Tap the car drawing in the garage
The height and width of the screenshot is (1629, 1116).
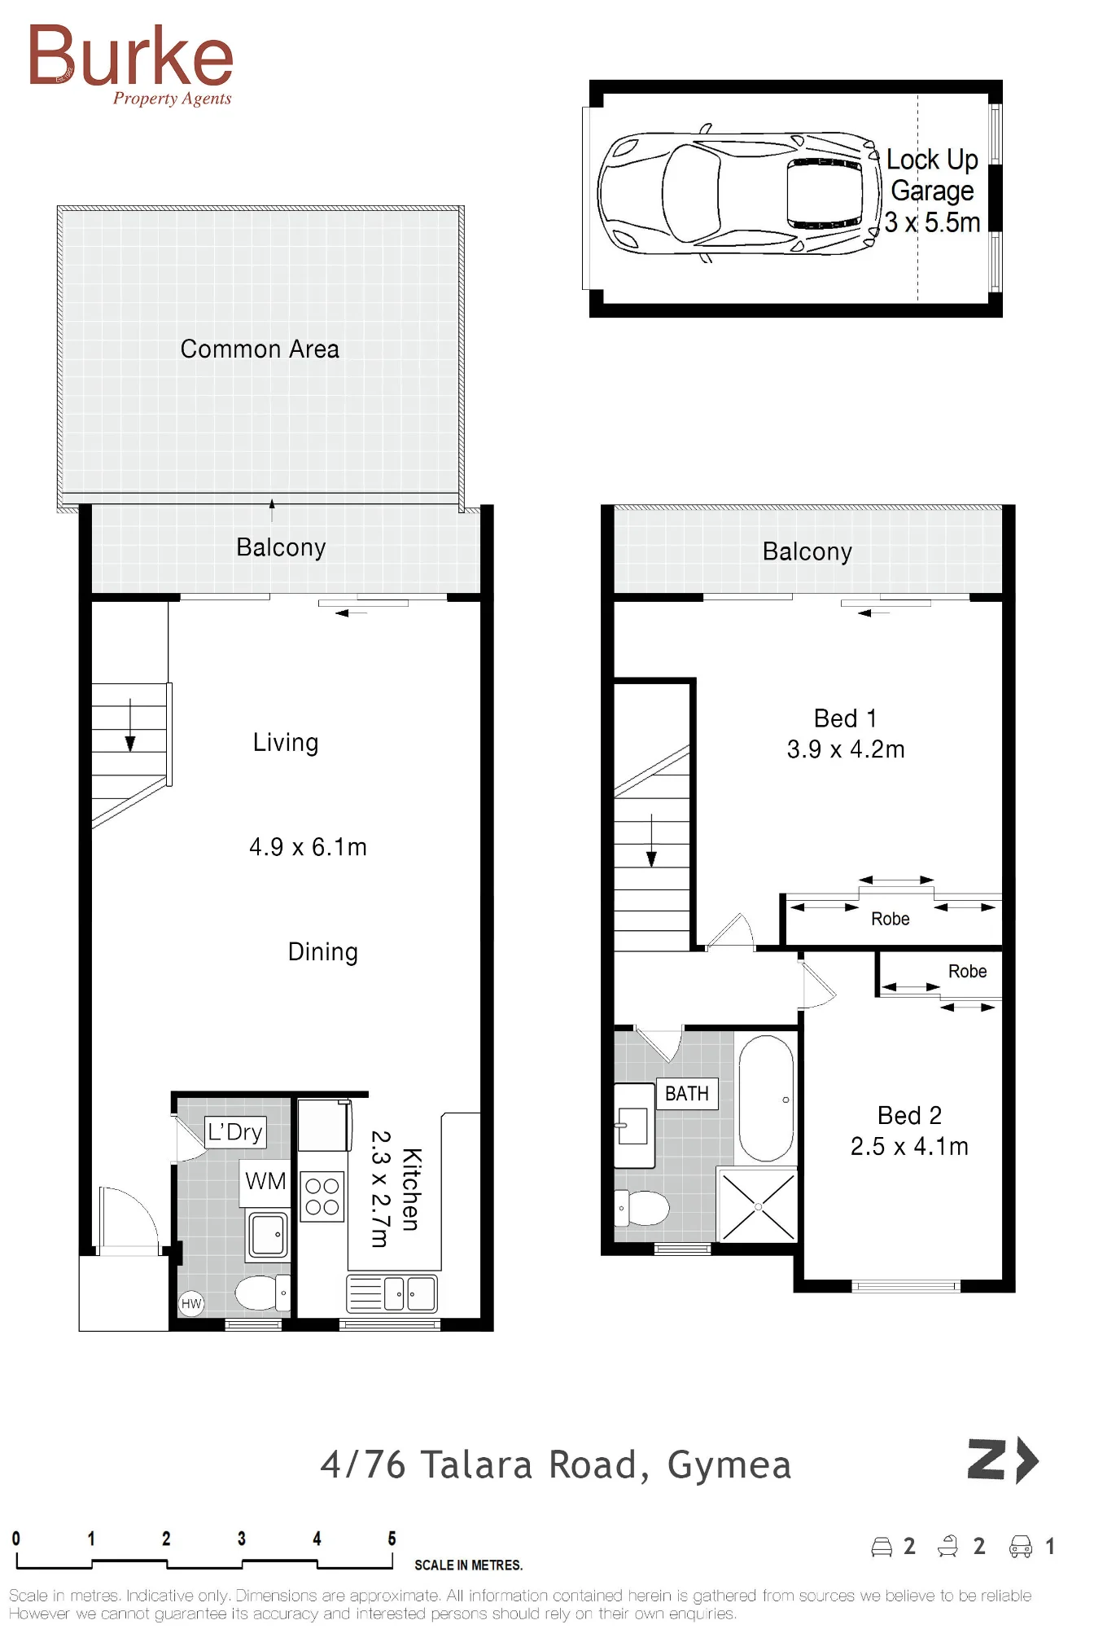click(x=739, y=193)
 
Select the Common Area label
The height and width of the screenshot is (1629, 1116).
click(x=260, y=349)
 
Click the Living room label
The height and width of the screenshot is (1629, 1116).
click(x=286, y=743)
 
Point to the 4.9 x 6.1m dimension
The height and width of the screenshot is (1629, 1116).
click(x=308, y=847)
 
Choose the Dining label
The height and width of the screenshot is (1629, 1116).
click(x=323, y=952)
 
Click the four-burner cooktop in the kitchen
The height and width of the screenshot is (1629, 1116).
click(x=322, y=1197)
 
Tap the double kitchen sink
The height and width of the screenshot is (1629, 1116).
click(x=392, y=1293)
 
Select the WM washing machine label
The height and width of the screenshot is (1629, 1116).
click(x=265, y=1181)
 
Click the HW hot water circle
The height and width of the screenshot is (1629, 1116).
click(x=191, y=1303)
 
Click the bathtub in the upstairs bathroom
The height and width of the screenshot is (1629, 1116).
click(x=766, y=1098)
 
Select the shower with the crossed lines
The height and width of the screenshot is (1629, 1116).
click(x=758, y=1205)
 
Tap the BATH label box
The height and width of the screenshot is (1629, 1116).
click(x=687, y=1094)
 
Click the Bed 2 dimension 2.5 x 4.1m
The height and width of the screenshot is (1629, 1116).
click(x=909, y=1147)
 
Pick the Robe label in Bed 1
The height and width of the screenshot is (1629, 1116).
click(x=891, y=919)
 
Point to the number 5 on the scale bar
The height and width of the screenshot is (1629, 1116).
click(x=392, y=1539)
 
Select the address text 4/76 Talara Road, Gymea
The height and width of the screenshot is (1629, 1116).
click(x=556, y=1465)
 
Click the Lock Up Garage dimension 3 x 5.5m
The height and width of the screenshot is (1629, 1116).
click(x=932, y=222)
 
